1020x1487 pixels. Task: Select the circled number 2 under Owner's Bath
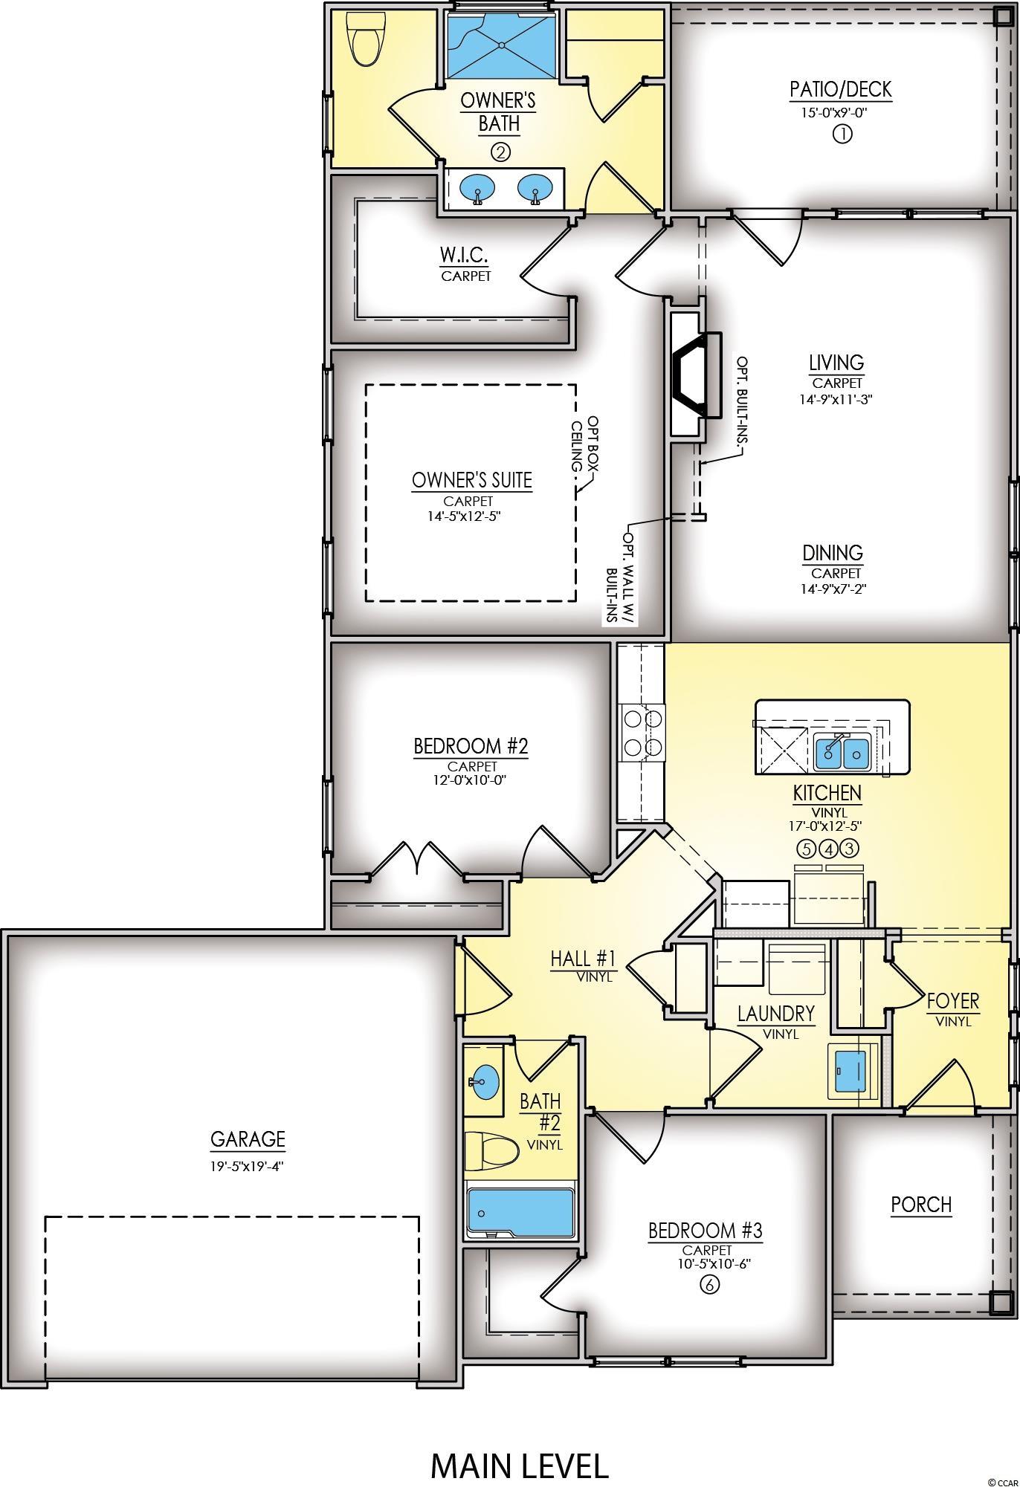pyautogui.click(x=500, y=152)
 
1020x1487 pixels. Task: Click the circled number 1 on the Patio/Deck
pyautogui.click(x=842, y=135)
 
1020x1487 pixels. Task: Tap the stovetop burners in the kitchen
pyautogui.click(x=644, y=732)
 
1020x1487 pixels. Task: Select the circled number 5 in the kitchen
pyautogui.click(x=805, y=848)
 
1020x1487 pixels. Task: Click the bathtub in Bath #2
pyautogui.click(x=520, y=1212)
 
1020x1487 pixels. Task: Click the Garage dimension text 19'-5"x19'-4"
pyautogui.click(x=248, y=1166)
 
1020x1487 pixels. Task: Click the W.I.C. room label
pyautogui.click(x=464, y=255)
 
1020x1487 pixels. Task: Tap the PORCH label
pyautogui.click(x=922, y=1204)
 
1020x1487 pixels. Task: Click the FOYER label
pyautogui.click(x=953, y=1001)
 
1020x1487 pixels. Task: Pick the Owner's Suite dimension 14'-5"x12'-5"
pyautogui.click(x=472, y=515)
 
